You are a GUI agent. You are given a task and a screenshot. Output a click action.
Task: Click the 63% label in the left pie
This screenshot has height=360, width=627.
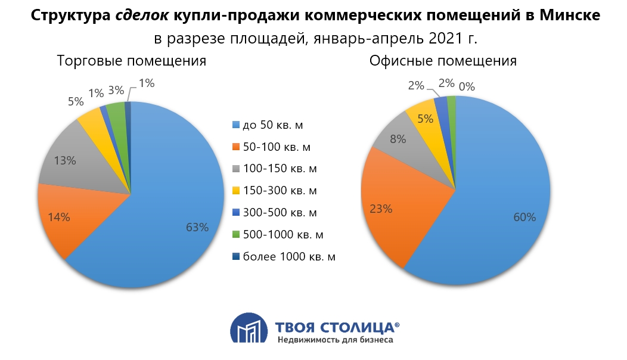coord(197,227)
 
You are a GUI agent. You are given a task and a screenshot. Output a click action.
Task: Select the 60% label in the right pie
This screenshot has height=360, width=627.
coord(524,217)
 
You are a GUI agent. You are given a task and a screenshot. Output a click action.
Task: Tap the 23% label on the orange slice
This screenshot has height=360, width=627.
coord(381,209)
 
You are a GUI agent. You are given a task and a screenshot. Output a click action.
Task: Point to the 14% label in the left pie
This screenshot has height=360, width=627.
coord(59,218)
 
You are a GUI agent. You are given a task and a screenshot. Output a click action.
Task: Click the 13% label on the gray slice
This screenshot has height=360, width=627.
coord(64,160)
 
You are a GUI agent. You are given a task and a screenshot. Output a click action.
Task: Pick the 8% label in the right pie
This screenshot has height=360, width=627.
coord(398,139)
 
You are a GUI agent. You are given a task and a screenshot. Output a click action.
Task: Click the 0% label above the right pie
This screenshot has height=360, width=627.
coord(467,86)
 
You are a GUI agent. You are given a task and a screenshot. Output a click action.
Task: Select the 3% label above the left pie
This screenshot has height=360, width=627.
coord(116,91)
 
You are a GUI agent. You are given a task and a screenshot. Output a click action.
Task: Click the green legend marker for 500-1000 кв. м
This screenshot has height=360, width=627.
coord(235,235)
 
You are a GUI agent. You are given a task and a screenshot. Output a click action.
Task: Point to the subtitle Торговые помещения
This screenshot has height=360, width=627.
coord(131,61)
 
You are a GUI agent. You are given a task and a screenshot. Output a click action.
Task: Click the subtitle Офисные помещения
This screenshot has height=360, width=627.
coord(443,61)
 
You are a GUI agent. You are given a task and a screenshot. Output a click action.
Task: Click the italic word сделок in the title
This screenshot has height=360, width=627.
coord(142,16)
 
